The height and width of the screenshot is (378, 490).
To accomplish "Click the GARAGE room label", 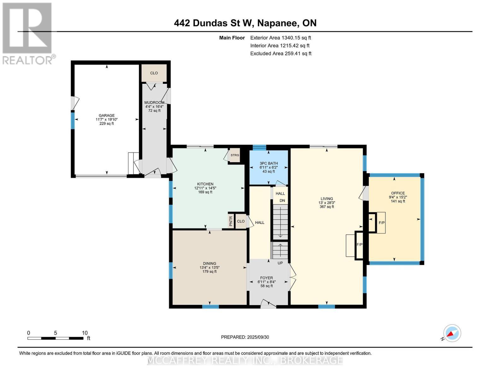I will (x=106, y=116).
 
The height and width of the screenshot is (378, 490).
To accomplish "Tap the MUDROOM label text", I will (x=154, y=103).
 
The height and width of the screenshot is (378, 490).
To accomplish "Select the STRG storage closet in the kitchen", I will (x=235, y=155).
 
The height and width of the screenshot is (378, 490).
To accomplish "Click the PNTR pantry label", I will (x=231, y=221).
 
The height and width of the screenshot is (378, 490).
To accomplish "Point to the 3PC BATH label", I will (x=269, y=163).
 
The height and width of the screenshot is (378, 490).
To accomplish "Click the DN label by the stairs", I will (x=282, y=201).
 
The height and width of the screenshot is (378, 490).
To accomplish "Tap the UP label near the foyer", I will (x=280, y=263).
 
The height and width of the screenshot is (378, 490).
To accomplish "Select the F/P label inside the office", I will (x=381, y=223).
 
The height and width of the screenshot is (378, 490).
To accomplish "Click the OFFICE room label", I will (x=398, y=193).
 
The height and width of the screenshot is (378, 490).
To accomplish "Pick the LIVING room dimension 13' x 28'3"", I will (x=327, y=203).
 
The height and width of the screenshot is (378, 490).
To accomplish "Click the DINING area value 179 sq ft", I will (x=209, y=272).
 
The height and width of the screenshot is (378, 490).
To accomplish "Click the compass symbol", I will (x=452, y=333).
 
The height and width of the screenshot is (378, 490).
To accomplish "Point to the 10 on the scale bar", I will (x=85, y=333).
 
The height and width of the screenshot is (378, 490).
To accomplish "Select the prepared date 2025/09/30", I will (x=258, y=337).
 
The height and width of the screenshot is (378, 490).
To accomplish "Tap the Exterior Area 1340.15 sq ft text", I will (x=280, y=38).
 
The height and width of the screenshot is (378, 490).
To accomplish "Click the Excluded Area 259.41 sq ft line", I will (x=280, y=54).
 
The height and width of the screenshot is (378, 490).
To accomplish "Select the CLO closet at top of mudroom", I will (x=154, y=73).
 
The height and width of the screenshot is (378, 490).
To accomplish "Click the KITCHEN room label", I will (x=205, y=184).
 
